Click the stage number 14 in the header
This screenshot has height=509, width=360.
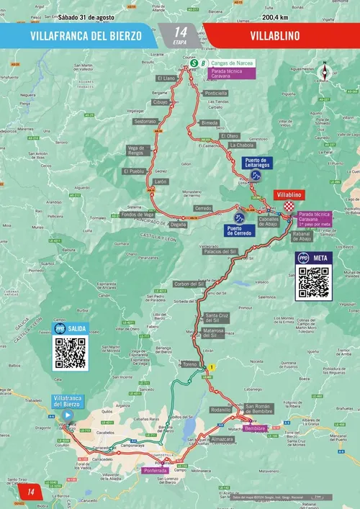pyautogui.click(x=179, y=31)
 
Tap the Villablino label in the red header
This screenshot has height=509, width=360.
pyautogui.click(x=275, y=35)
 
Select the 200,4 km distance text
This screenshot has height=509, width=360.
pyautogui.click(x=277, y=17)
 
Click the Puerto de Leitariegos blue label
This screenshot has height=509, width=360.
pyautogui.click(x=257, y=163)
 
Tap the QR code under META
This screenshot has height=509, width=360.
pyautogui.click(x=313, y=282)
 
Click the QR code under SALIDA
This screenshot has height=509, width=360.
pyautogui.click(x=70, y=353)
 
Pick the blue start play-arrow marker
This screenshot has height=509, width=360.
pyautogui.click(x=67, y=415)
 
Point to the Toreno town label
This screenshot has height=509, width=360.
pyautogui.click(x=190, y=364)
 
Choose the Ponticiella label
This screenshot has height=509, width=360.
pyautogui.click(x=215, y=94)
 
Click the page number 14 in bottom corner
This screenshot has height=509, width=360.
pyautogui.click(x=31, y=492)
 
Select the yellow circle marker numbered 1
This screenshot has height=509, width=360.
pyautogui.click(x=212, y=367)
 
